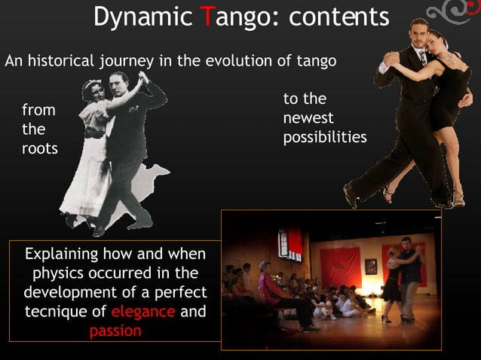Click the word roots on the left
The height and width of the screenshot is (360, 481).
coord(39,148)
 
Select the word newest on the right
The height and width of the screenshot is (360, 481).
coord(308,119)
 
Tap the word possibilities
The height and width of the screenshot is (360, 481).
coord(324,138)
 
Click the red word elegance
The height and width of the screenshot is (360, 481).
coord(143,311)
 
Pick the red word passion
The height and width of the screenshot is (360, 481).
coord(115,331)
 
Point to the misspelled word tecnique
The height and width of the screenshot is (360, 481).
coord(64,311)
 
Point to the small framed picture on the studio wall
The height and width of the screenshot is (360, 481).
coord(370,266)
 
